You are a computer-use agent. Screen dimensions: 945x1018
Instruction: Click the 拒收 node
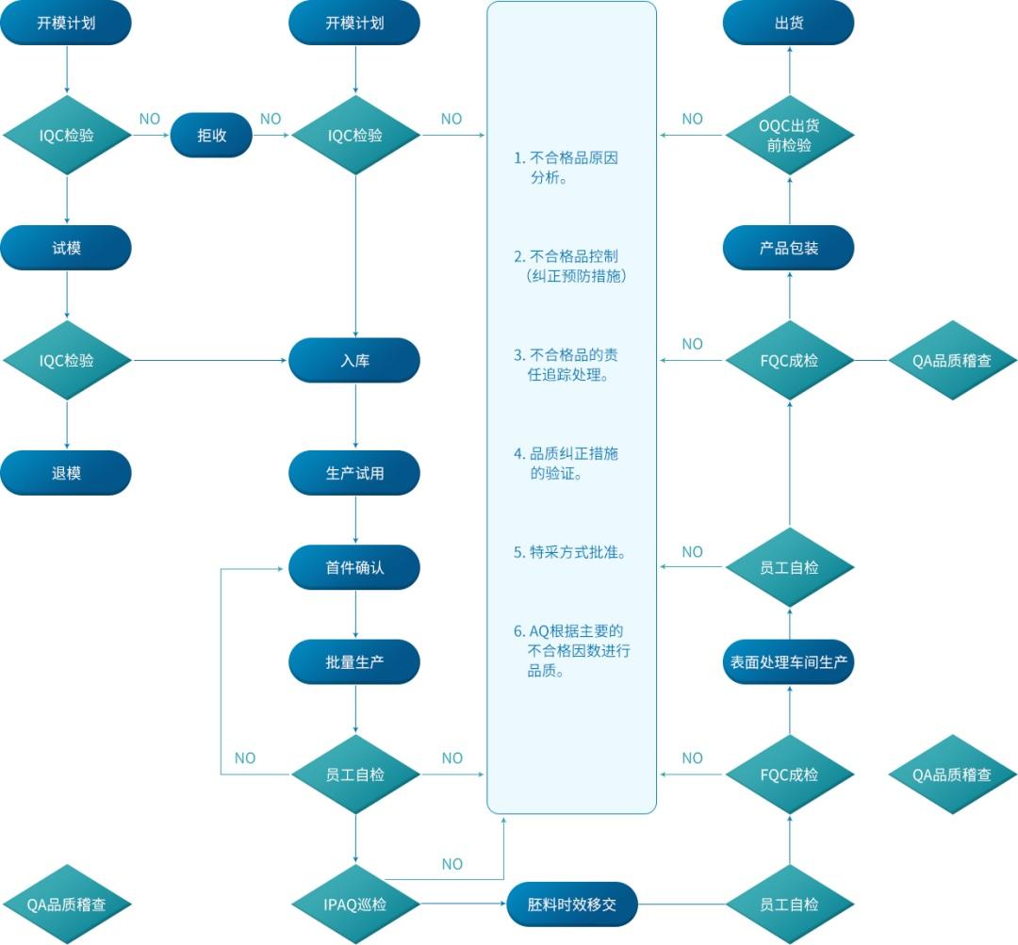(211, 135)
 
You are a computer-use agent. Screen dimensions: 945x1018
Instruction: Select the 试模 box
(66, 248)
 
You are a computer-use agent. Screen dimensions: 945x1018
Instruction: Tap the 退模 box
(66, 473)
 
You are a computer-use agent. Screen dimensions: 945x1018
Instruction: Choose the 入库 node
(354, 360)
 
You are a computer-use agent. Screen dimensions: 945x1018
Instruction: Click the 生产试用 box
(354, 473)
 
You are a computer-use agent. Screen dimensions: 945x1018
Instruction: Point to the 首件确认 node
(354, 567)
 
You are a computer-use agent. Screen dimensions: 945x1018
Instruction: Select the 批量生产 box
(354, 661)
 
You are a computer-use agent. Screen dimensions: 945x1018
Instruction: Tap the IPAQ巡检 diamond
(354, 904)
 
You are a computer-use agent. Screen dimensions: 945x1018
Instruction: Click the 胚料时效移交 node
(572, 904)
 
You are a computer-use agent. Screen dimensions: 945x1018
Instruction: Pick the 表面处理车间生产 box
(788, 661)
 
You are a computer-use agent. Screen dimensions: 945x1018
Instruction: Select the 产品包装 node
(788, 248)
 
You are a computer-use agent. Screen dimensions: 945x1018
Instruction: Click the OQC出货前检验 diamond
(788, 135)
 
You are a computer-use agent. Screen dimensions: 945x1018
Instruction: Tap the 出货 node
(788, 23)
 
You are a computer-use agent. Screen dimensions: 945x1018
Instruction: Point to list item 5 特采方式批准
(571, 552)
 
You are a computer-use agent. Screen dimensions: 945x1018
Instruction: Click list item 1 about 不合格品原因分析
(566, 167)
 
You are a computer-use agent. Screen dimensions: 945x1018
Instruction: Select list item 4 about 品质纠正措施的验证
(566, 463)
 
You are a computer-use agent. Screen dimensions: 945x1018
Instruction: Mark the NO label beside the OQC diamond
(692, 119)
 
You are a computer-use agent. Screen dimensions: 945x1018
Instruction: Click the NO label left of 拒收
(150, 119)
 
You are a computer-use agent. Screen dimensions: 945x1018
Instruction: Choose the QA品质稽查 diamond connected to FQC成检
(952, 360)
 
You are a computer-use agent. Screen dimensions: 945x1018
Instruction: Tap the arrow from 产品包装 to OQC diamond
(788, 200)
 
